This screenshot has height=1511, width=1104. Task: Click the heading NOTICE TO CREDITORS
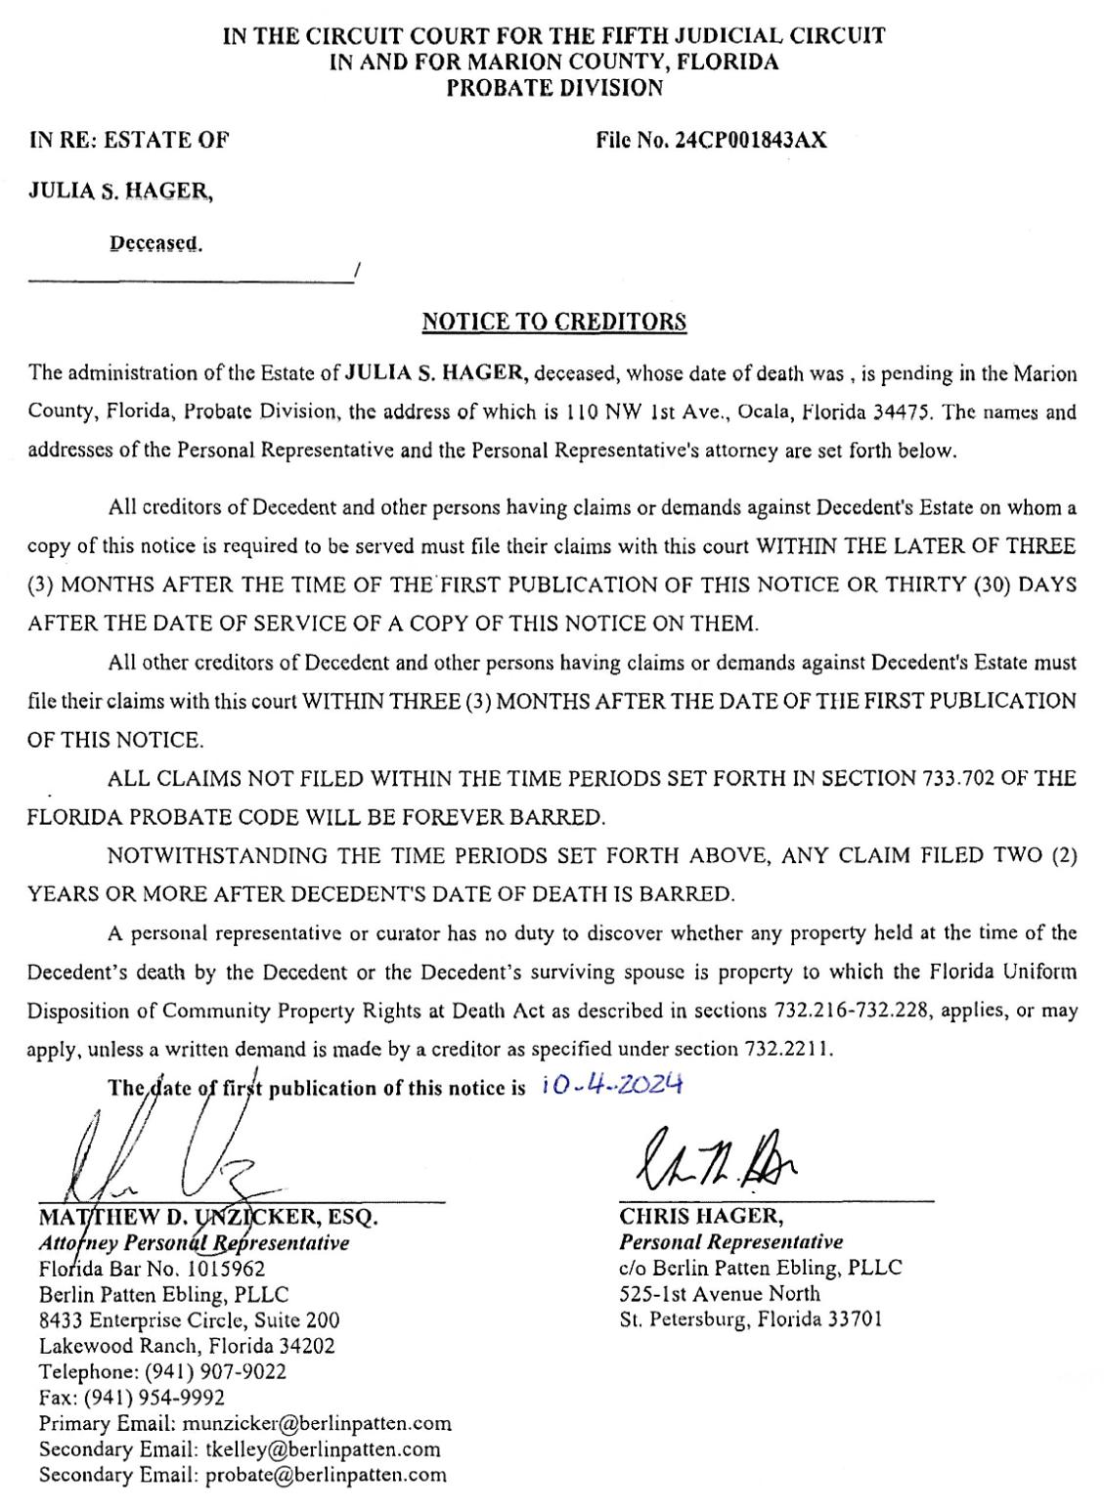point(553,322)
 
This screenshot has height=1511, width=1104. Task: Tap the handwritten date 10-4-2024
point(610,1085)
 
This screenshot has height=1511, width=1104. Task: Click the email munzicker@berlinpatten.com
point(317,1423)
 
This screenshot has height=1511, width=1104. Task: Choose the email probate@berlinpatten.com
point(326,1475)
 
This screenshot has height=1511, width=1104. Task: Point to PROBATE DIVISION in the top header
point(553,88)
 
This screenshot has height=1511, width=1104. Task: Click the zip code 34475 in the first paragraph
point(907,411)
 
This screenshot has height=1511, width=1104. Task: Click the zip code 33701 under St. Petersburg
point(851,1319)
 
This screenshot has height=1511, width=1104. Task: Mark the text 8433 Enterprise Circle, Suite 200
point(190,1319)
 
